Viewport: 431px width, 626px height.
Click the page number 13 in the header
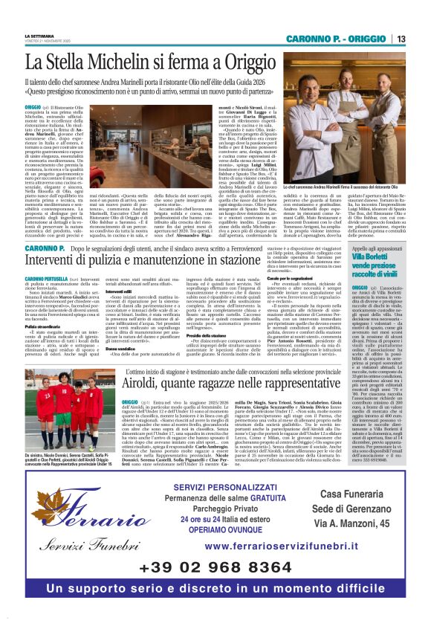pyautogui.click(x=401, y=38)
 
